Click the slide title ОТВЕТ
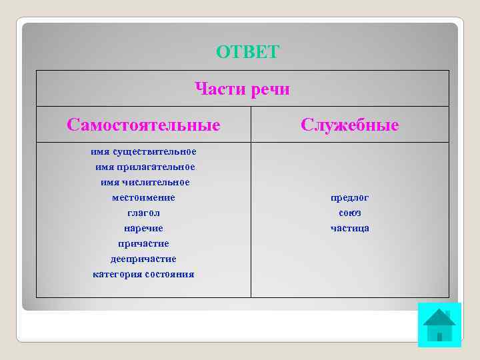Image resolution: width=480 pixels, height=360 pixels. tap(248, 52)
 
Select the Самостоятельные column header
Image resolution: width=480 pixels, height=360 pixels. tap(143, 125)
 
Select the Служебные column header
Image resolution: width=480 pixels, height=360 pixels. tap(350, 125)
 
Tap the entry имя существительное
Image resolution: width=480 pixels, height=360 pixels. tap(143, 151)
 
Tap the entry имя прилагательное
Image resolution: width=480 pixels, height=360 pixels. tap(143, 167)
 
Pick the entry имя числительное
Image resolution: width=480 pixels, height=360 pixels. tap(145, 182)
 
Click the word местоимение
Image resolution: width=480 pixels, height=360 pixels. tap(143, 197)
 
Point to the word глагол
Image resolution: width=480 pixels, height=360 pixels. tap(143, 213)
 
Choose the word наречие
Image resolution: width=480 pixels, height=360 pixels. tap(143, 228)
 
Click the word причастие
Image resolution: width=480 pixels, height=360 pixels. tap(143, 243)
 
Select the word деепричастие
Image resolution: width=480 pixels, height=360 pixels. tap(143, 259)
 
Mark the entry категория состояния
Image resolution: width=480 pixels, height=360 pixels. tap(143, 274)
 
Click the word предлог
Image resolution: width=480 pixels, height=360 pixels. tap(350, 197)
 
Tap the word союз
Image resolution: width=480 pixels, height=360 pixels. tap(350, 213)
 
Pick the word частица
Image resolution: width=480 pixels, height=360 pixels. tap(350, 228)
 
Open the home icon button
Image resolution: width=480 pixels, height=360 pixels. tap(439, 325)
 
